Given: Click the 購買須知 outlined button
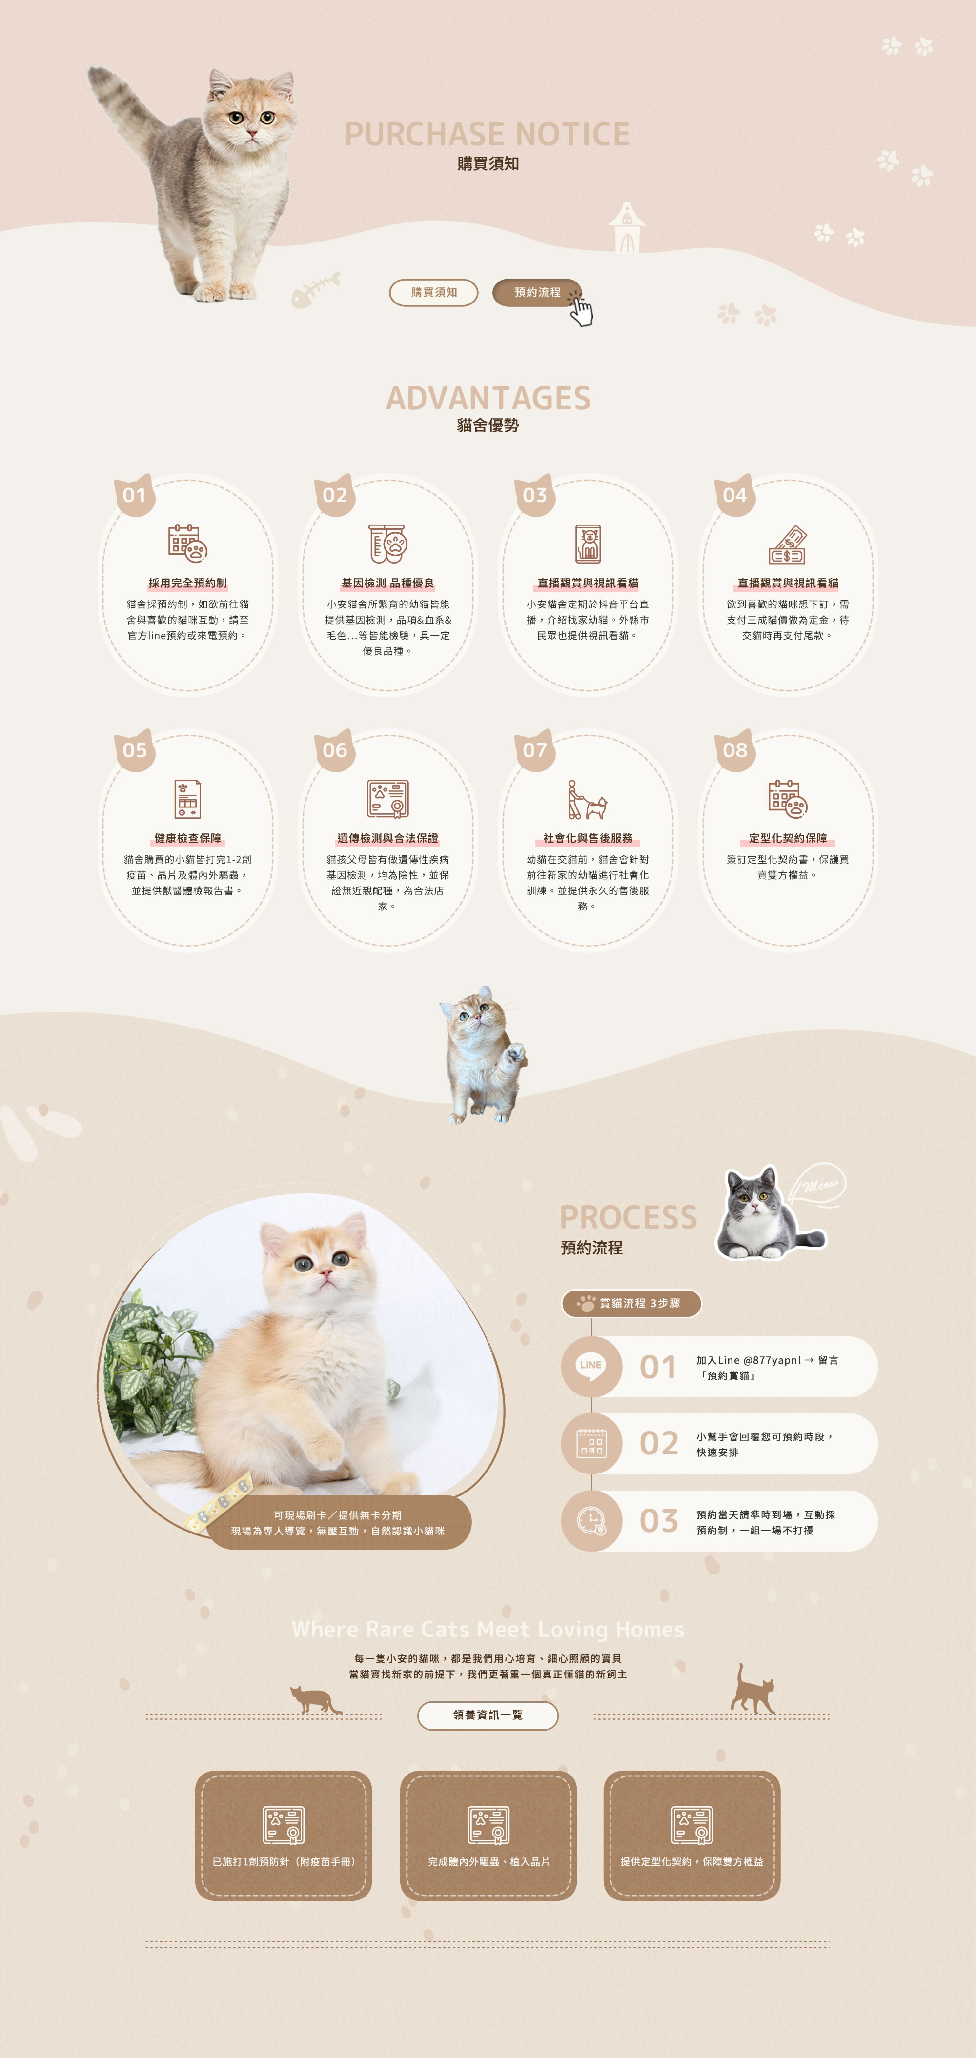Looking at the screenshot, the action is [x=433, y=292].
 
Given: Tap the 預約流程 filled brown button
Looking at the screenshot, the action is [x=537, y=292].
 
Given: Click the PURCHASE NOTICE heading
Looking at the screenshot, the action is [x=488, y=134].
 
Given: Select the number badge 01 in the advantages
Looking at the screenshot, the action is [x=134, y=495].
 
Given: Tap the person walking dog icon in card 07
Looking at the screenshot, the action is [x=588, y=800].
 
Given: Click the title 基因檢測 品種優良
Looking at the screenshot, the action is [x=387, y=583].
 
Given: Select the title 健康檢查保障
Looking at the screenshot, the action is [x=188, y=838].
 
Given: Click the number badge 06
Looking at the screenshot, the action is [x=335, y=750].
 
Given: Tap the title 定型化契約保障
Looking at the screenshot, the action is [x=787, y=838].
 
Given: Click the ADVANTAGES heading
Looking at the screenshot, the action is [x=488, y=398].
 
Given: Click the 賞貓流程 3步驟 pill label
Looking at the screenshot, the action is [x=631, y=1303].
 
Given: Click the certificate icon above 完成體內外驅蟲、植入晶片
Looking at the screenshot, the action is [x=488, y=1825].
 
